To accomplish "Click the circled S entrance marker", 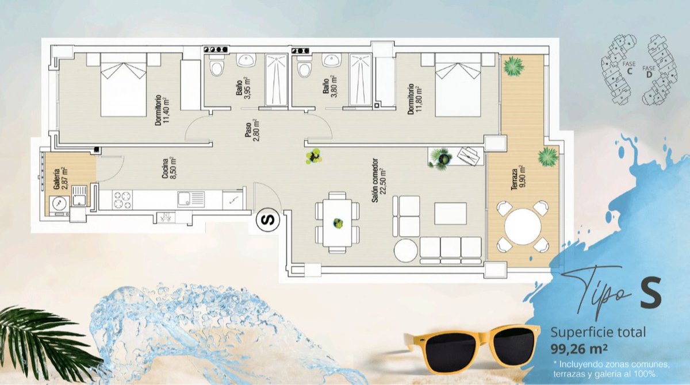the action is coord(268,220).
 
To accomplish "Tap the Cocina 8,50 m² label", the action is coord(170,168).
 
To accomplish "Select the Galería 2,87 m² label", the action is coord(60,178).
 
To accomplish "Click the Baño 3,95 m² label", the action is coord(243,88).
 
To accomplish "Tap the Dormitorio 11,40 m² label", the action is coord(162,110).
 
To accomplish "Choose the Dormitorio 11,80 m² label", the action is coord(415,99).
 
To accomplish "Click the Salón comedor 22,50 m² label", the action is coord(378,180).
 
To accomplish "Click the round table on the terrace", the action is coord(523,226).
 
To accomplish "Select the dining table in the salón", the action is coord(338,222).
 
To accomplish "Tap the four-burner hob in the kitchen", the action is coord(122,200).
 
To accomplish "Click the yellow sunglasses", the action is coord(473,346).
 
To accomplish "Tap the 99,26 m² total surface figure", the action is coord(579,349).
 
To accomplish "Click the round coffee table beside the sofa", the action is coord(406,250).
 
